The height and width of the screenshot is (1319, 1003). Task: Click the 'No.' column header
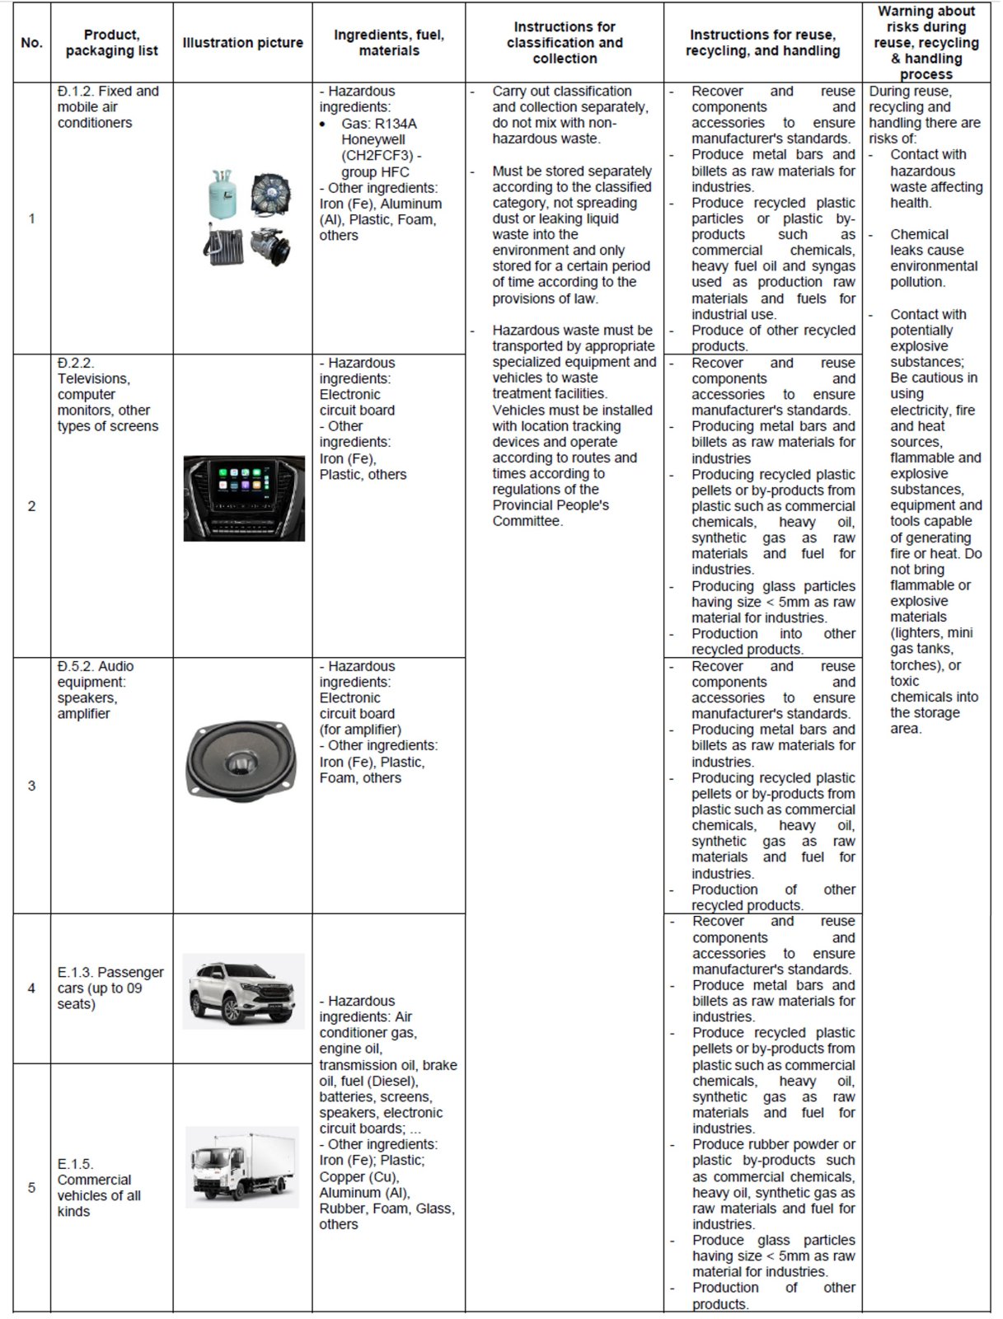click(x=31, y=43)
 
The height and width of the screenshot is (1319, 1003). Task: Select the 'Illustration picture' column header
click(x=242, y=43)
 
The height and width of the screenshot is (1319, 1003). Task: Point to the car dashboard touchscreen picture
click(x=244, y=498)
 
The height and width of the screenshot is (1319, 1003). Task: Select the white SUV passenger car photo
click(x=243, y=991)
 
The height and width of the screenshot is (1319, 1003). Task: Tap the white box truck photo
click(x=241, y=1166)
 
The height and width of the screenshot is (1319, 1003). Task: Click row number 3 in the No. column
click(x=31, y=786)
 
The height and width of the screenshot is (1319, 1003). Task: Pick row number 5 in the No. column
click(x=31, y=1187)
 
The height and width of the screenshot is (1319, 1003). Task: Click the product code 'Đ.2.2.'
click(x=76, y=363)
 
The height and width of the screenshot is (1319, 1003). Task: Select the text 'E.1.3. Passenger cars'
click(x=110, y=980)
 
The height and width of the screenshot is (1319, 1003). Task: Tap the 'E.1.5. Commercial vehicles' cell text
click(x=98, y=1187)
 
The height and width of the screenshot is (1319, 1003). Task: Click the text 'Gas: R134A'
click(x=379, y=124)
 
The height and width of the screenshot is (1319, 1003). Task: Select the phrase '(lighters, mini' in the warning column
click(x=931, y=633)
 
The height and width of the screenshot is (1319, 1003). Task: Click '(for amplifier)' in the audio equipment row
click(x=360, y=730)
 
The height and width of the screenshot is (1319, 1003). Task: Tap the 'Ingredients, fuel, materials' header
click(x=389, y=43)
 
